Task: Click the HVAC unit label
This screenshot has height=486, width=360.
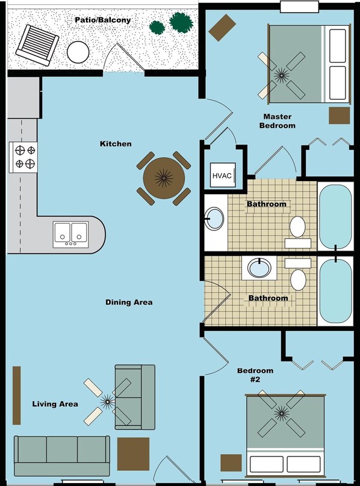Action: (222, 176)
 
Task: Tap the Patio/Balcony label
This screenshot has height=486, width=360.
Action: (103, 20)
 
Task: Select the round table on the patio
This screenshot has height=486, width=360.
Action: (78, 52)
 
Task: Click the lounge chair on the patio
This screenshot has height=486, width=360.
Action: (37, 45)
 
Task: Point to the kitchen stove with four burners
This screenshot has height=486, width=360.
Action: (23, 157)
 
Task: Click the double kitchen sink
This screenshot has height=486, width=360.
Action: (71, 235)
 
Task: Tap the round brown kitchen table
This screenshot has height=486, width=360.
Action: (164, 178)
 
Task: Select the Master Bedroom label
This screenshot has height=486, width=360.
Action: (278, 121)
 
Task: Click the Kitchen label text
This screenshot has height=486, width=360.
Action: (116, 144)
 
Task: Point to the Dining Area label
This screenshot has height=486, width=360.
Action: (129, 302)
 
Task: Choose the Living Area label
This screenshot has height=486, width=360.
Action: (55, 404)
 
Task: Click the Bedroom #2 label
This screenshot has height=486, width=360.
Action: (255, 375)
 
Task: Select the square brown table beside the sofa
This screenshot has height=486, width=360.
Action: (134, 454)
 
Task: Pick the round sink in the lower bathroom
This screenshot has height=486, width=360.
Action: (259, 268)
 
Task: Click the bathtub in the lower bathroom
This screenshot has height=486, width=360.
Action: (336, 291)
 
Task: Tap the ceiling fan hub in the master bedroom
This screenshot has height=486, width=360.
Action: (282, 75)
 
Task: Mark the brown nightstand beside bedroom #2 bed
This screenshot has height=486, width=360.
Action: (231, 463)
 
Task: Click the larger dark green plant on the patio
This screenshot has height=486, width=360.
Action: (181, 22)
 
